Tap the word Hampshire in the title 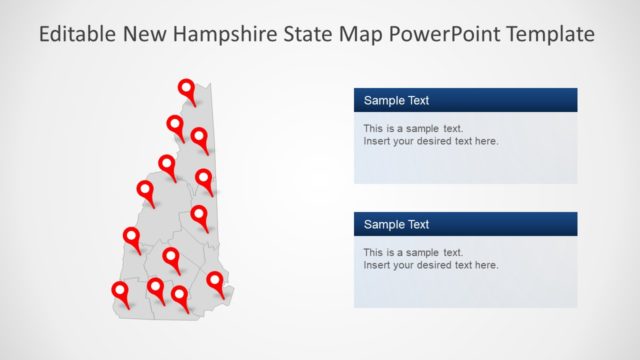219,35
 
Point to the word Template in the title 550,35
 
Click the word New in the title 144,35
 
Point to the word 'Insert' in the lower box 377,265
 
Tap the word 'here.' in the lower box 486,265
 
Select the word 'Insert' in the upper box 377,141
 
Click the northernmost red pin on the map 186,89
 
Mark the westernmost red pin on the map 120,291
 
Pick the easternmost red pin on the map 215,281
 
